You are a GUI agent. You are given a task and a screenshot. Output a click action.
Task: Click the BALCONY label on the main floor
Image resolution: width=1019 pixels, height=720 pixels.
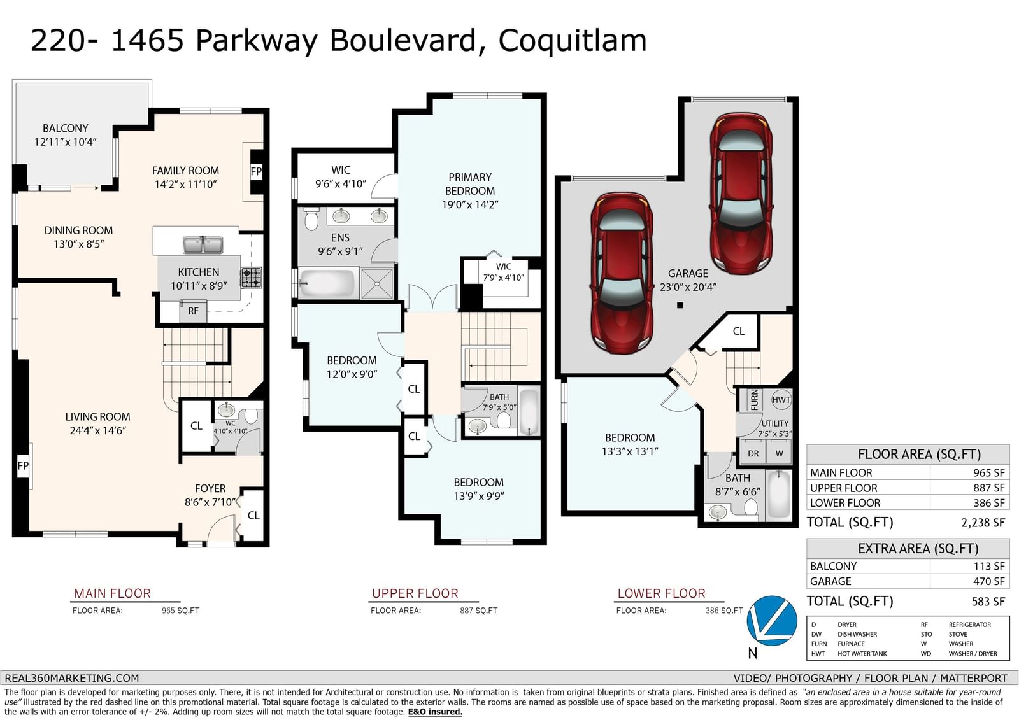pos(66,128)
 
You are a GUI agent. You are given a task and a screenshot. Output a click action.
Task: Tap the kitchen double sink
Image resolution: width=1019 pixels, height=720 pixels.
pos(203,244)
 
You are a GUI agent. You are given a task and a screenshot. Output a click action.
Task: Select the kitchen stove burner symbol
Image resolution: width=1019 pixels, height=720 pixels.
pos(251,278)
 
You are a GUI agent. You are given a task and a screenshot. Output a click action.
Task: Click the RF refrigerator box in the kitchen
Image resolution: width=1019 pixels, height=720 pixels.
pos(194,311)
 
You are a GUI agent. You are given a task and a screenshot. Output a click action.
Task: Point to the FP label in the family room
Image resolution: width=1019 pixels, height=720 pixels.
pos(256,171)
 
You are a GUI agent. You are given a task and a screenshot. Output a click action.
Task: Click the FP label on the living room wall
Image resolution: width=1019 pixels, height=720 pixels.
pos(23,466)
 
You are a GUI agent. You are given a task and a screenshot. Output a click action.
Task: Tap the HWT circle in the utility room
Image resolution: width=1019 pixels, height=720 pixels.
pos(781,400)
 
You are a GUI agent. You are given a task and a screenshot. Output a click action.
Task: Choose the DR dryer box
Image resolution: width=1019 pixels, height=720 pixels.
pos(753,453)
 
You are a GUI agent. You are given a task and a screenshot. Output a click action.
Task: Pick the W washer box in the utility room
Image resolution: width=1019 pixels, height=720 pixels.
pos(779,453)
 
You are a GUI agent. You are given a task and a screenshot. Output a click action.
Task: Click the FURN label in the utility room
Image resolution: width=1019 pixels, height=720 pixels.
pos(754,400)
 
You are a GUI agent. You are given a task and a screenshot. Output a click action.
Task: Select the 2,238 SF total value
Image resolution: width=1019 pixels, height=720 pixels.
pos(983,523)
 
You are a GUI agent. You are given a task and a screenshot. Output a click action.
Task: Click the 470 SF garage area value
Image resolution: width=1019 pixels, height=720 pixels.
pos(989,581)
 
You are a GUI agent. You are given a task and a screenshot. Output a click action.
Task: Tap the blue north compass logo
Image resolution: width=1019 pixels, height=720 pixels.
pos(772,621)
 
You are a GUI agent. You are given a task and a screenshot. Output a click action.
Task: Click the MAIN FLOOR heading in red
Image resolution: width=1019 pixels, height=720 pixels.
pos(112,593)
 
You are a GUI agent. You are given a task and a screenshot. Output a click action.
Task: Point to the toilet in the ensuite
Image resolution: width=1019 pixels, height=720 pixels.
pos(311,219)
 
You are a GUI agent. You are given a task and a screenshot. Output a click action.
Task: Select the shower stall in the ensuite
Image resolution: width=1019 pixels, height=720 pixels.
pos(376,283)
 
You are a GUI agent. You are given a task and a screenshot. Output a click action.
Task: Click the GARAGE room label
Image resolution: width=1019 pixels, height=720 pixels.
pos(688,273)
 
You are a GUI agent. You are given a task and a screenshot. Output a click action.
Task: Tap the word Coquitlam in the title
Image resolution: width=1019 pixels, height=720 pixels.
pos(573,41)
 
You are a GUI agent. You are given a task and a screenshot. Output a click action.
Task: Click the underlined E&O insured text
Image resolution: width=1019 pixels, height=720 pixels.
pos(435,712)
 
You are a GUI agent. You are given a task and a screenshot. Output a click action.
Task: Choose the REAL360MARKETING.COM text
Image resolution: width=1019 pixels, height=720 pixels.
pos(72,678)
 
